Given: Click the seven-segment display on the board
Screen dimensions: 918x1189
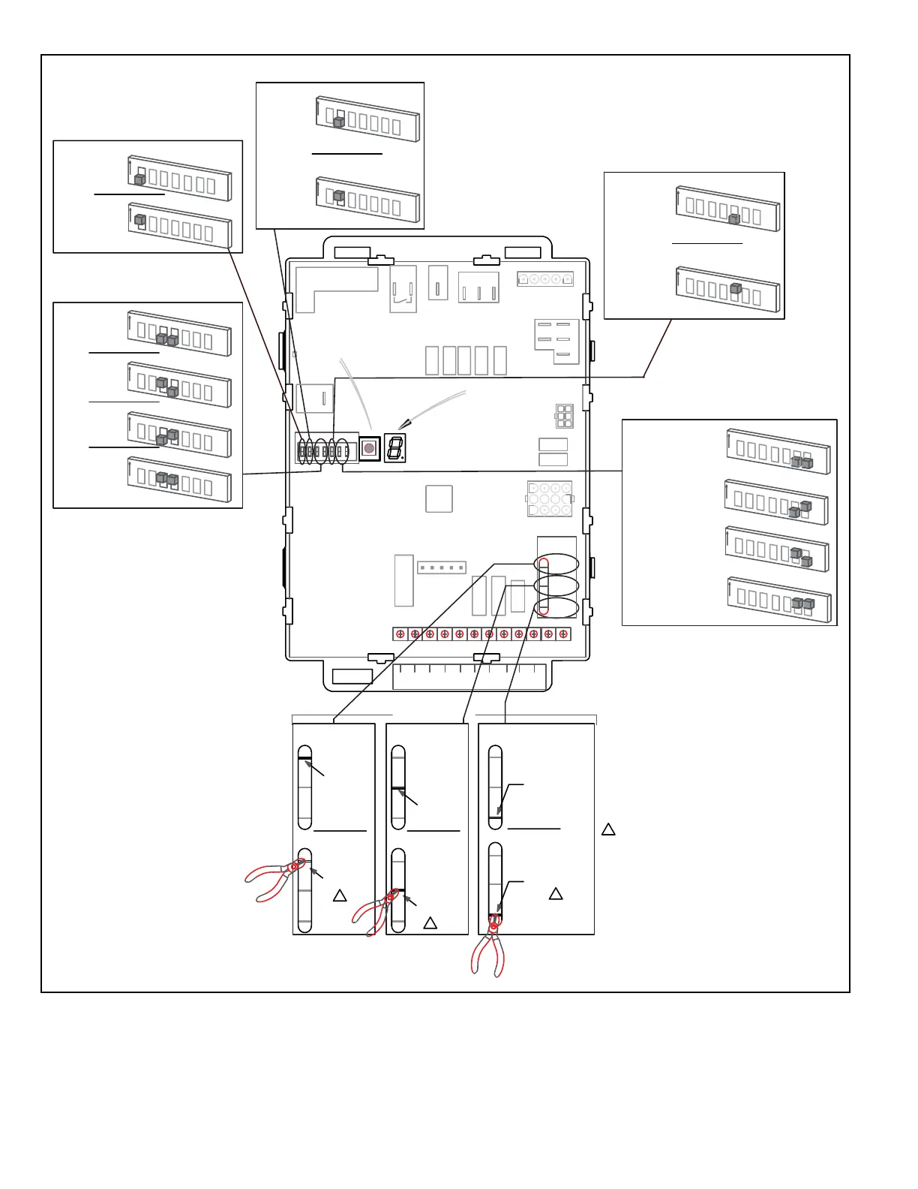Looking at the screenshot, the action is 395,448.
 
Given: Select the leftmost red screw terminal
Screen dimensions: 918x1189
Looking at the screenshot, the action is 400,634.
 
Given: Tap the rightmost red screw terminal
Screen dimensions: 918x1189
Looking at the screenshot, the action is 563,634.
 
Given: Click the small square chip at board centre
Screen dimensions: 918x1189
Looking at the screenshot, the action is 439,498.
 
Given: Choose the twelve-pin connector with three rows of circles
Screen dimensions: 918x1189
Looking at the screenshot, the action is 550,499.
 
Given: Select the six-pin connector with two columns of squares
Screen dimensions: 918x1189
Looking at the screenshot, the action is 564,416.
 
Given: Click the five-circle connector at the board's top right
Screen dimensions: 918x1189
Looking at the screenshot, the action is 545,279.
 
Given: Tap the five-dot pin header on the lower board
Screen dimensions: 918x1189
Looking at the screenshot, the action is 442,567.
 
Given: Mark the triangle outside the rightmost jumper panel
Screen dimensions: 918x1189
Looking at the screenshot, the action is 608,829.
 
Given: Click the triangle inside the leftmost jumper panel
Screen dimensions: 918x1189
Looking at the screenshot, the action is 340,896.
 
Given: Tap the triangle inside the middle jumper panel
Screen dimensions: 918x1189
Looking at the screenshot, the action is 430,923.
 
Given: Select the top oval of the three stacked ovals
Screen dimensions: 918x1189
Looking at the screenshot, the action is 556,564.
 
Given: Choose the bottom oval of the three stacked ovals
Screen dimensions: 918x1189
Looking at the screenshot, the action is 556,608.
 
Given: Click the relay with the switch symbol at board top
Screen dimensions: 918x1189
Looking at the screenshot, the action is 403,289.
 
